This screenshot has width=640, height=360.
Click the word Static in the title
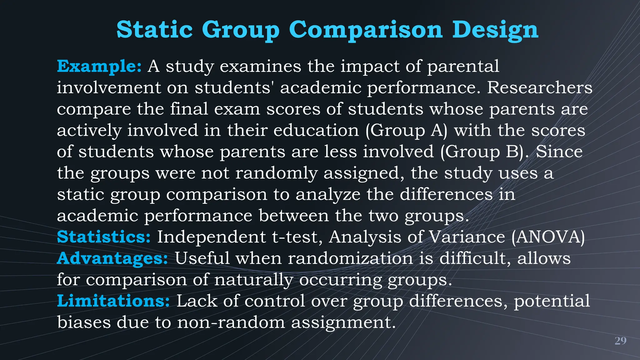point(154,29)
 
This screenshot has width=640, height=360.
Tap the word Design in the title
point(495,30)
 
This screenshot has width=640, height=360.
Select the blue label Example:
point(99,66)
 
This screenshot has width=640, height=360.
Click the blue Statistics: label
point(104,237)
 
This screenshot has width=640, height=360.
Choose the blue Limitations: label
point(113,301)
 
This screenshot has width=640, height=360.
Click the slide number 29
point(620,341)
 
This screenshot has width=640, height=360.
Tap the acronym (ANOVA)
point(548,237)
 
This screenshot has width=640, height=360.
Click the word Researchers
point(539,87)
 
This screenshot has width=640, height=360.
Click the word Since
point(559,152)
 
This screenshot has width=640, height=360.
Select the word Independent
point(211,237)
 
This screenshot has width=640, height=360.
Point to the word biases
point(84,322)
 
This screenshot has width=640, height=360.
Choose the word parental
point(463,67)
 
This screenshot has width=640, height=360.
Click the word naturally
point(253,280)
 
